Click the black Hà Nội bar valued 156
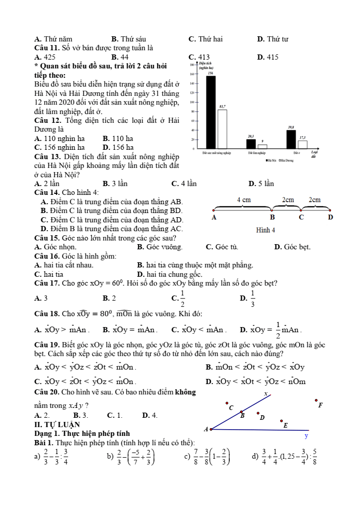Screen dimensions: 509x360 pyautogui.click(x=211, y=112)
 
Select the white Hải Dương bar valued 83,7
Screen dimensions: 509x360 pyautogui.click(x=222, y=129)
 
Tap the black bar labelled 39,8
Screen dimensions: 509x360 pyautogui.click(x=291, y=138)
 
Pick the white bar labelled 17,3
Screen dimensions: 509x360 pyautogui.click(x=302, y=144)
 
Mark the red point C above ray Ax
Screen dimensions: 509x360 pyautogui.click(x=227, y=402)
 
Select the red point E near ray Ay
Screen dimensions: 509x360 pyautogui.click(x=281, y=421)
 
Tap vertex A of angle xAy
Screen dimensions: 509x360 pyautogui.click(x=211, y=429)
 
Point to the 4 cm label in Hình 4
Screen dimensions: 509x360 pyautogui.click(x=244, y=200)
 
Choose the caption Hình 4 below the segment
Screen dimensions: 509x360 pyautogui.click(x=265, y=230)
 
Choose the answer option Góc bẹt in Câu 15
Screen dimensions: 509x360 pyautogui.click(x=292, y=247)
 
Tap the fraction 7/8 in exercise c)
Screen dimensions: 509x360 pyautogui.click(x=197, y=457)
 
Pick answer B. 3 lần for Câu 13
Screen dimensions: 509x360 pyautogui.click(x=115, y=183)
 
